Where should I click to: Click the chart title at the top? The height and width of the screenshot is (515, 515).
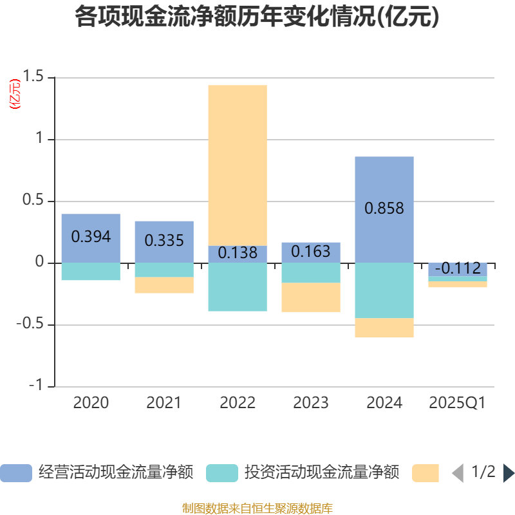click(x=257, y=17)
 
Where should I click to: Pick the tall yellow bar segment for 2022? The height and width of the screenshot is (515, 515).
click(x=238, y=165)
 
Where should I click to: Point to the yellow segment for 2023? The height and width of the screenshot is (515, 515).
click(x=311, y=297)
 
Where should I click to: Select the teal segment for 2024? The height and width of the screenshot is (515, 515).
click(x=384, y=290)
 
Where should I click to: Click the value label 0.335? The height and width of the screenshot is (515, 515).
click(x=164, y=241)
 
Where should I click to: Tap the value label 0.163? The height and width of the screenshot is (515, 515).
click(x=311, y=251)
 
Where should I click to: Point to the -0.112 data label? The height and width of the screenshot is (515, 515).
click(x=458, y=268)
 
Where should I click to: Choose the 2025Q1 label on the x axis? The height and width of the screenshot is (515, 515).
click(x=458, y=403)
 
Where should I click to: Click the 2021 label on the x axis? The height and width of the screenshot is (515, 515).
click(x=164, y=403)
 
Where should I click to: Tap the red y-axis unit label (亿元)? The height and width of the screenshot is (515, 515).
click(x=14, y=94)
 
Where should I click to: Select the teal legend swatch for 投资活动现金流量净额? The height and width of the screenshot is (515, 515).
click(x=222, y=473)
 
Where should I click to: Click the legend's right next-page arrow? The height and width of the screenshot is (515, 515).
click(x=509, y=473)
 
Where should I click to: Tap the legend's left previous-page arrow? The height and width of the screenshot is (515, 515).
click(x=457, y=473)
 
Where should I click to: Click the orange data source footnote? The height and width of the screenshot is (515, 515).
click(x=257, y=508)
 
